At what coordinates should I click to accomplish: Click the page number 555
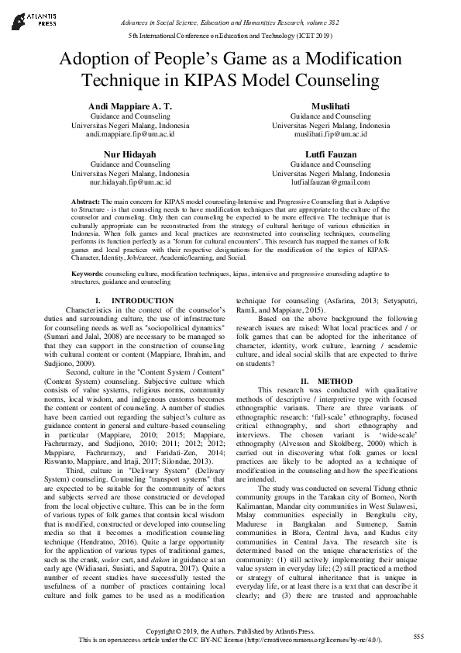(x=418, y=635)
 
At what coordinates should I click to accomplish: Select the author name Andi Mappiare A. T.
(x=130, y=105)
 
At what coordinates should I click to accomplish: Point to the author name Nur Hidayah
(x=130, y=154)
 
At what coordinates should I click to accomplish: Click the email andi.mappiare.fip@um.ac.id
(x=130, y=133)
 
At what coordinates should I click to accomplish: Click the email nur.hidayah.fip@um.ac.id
(x=130, y=182)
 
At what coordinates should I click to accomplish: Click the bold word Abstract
(x=85, y=200)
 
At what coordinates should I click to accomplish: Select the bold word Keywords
(x=88, y=275)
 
